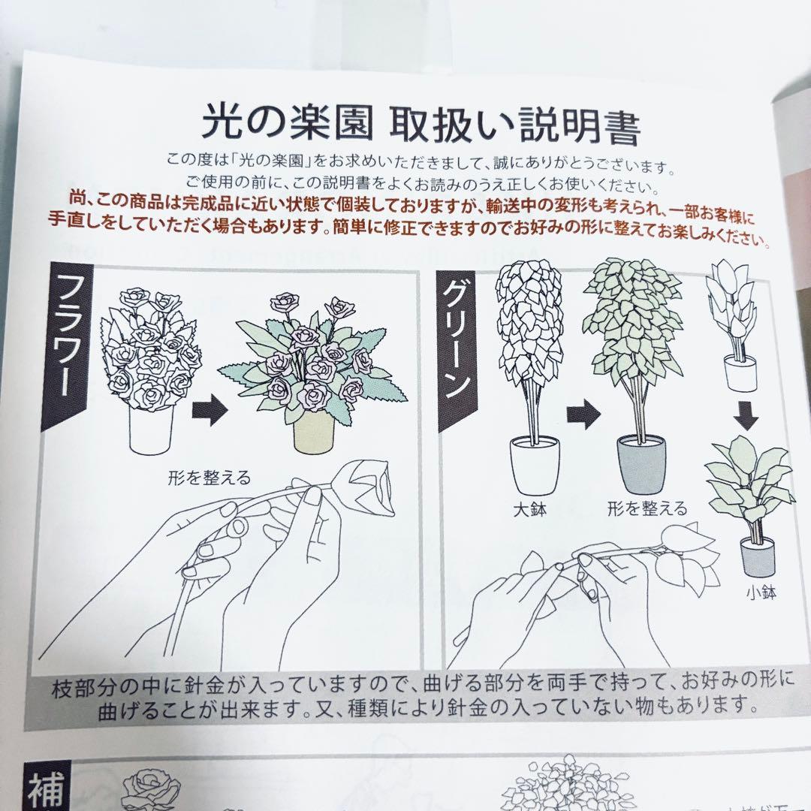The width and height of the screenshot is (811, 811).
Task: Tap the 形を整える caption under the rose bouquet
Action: click(x=210, y=477)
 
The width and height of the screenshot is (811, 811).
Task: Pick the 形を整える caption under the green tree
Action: click(x=647, y=509)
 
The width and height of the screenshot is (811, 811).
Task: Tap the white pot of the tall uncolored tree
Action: click(x=534, y=466)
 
